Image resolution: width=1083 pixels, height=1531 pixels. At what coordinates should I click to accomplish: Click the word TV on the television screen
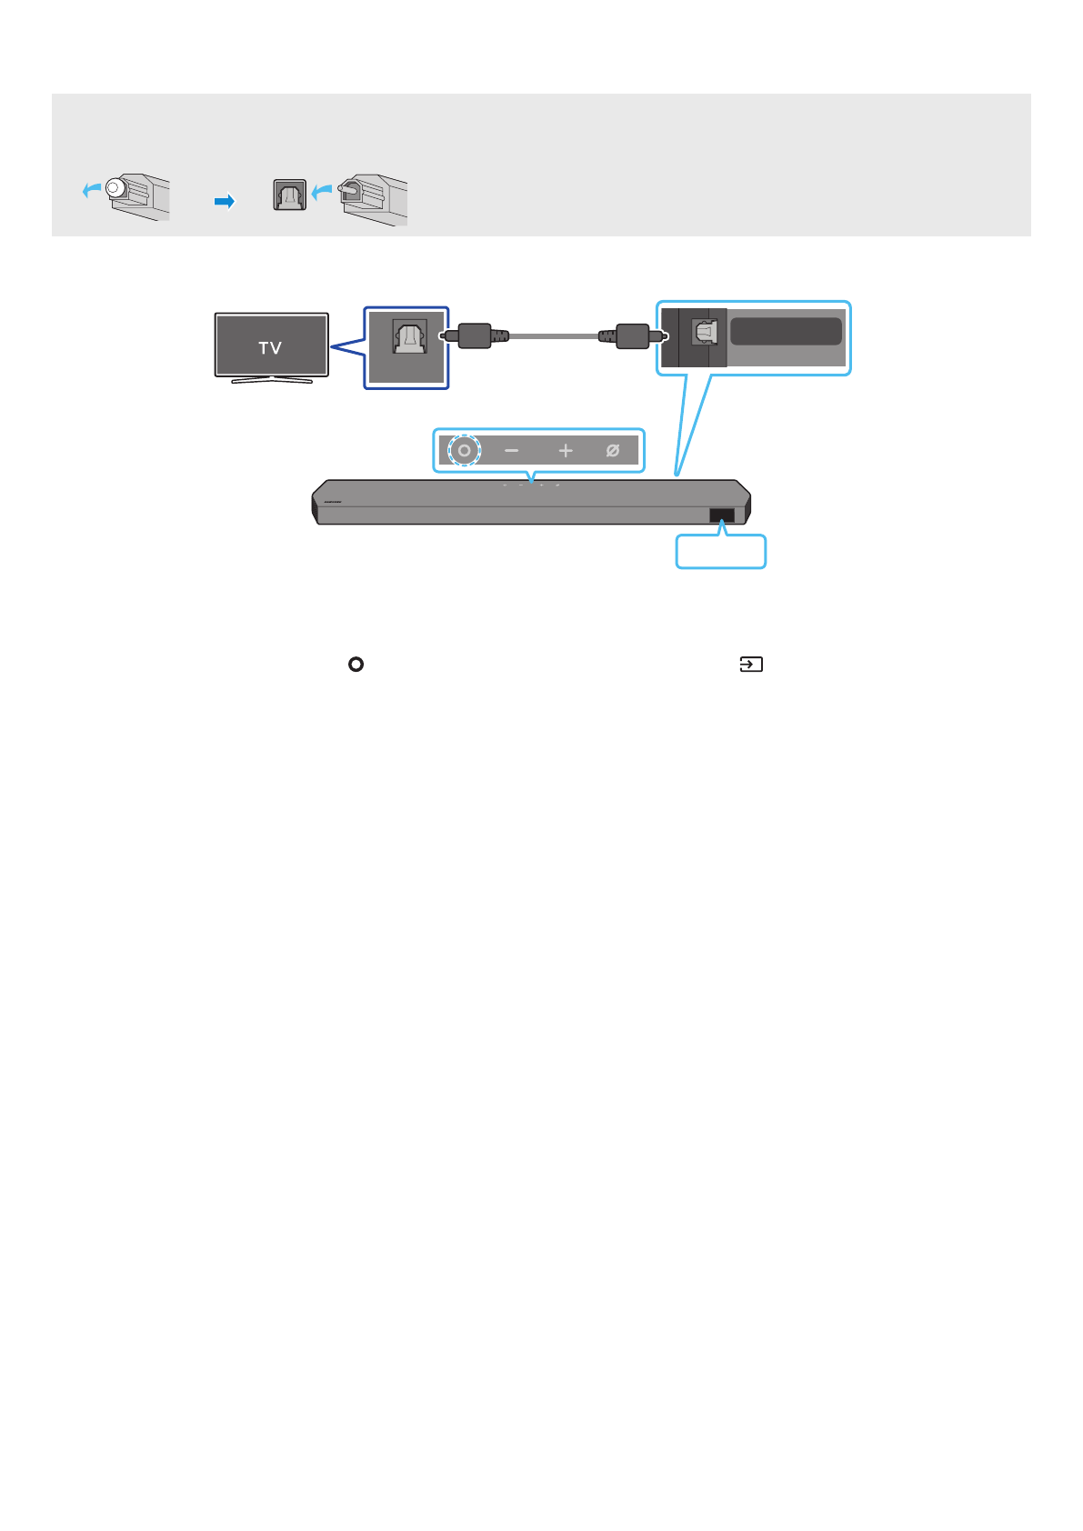(x=270, y=347)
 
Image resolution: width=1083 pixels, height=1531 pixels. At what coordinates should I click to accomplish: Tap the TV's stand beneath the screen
(x=271, y=380)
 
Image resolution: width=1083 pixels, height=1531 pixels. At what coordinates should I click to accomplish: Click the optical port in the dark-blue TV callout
(x=409, y=336)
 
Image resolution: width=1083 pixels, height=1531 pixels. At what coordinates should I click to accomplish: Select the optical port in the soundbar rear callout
(x=705, y=332)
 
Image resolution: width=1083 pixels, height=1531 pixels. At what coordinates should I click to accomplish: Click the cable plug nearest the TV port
(x=475, y=335)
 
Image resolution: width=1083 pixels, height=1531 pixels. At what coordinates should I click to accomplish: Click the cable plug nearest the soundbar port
(x=632, y=335)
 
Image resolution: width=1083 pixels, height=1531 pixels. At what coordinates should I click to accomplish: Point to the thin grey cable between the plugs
(x=553, y=335)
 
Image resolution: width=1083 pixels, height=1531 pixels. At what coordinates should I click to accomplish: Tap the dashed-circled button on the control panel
(x=465, y=450)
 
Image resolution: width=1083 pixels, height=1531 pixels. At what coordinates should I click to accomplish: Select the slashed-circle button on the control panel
(x=613, y=450)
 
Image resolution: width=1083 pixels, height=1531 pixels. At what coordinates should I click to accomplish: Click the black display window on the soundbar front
(x=722, y=515)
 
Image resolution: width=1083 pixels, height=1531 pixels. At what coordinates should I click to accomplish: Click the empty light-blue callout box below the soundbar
(x=720, y=552)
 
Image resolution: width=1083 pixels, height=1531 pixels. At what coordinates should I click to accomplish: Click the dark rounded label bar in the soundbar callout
(x=786, y=331)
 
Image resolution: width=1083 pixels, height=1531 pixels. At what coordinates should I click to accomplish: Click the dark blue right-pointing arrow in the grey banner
(x=225, y=201)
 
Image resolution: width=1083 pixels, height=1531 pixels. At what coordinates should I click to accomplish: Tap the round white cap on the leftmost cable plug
(x=114, y=188)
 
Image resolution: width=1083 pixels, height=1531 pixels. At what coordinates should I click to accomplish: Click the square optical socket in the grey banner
(x=290, y=195)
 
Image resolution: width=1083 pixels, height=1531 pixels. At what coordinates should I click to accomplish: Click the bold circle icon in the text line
(x=356, y=665)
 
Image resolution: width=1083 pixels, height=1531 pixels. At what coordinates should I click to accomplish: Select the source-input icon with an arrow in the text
(x=751, y=665)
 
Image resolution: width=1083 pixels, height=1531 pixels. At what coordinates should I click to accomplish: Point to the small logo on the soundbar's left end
(x=332, y=501)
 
